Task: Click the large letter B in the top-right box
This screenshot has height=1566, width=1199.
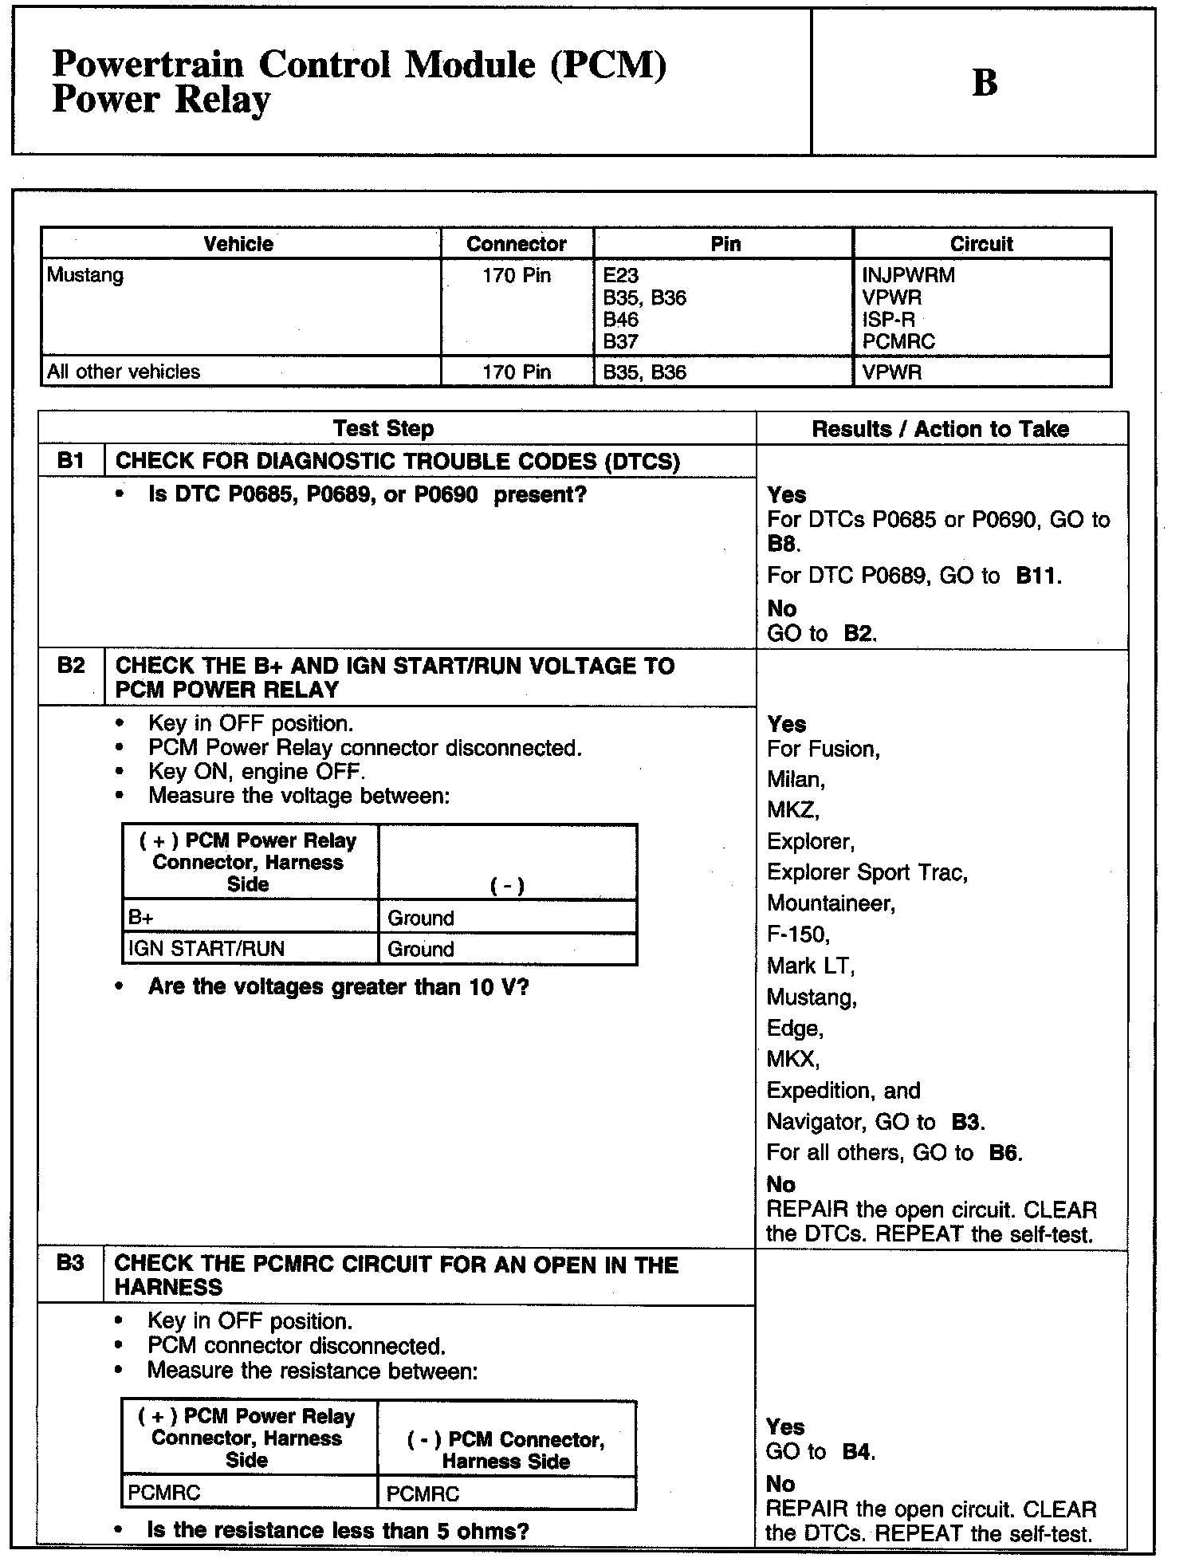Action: [985, 83]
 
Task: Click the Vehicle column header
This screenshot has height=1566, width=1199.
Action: [238, 244]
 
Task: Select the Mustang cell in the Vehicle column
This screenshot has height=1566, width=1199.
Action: [85, 276]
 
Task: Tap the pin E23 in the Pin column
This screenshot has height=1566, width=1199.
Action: [621, 276]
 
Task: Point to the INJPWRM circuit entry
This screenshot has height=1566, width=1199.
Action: [908, 276]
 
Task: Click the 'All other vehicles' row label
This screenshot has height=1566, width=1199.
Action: [124, 372]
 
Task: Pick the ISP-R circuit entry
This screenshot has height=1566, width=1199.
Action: [888, 320]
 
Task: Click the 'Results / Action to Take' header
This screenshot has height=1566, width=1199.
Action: [940, 429]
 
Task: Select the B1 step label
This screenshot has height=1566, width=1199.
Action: [71, 461]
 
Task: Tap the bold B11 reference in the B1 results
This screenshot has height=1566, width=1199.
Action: [1037, 576]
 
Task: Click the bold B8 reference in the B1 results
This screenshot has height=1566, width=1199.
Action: [782, 545]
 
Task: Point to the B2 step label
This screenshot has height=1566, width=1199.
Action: [71, 666]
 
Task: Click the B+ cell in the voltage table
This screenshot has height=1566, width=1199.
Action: [141, 918]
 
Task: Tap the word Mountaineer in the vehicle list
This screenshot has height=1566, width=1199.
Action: [831, 903]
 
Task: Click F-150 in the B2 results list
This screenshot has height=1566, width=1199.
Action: [798, 934]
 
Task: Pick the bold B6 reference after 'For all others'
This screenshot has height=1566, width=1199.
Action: [1004, 1153]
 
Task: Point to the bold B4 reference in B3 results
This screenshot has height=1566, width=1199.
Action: [857, 1452]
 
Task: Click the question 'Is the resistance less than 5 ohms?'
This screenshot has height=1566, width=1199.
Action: [338, 1531]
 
